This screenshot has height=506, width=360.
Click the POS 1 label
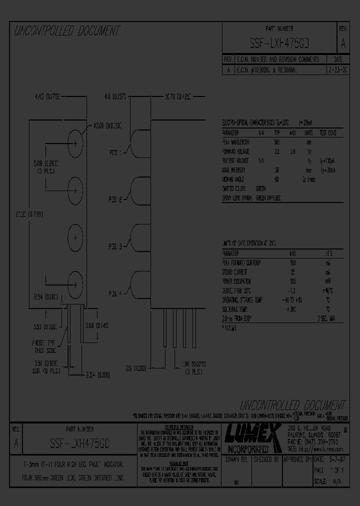click(x=115, y=152)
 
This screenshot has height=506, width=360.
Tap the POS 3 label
click(x=115, y=246)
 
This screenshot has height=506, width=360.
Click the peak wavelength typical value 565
click(x=276, y=142)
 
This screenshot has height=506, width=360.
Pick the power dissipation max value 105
click(x=293, y=281)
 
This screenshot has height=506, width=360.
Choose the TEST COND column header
click(x=327, y=133)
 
